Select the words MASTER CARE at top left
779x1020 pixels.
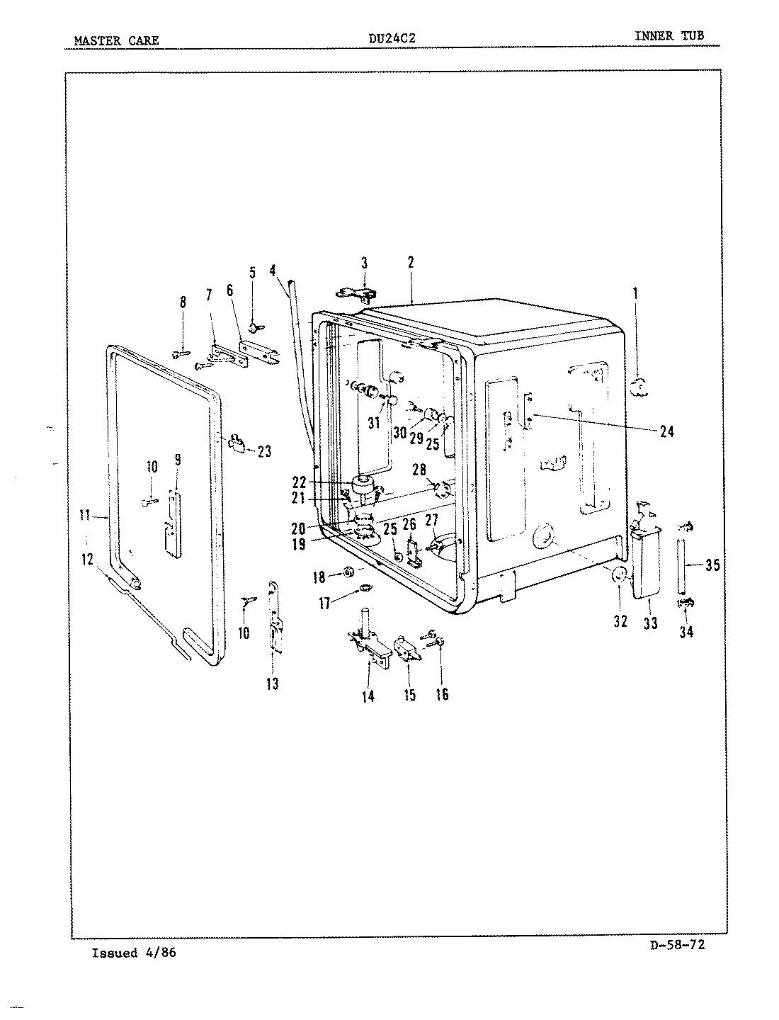[x=116, y=40]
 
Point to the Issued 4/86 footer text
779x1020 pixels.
[x=134, y=953]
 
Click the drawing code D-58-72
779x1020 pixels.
[x=677, y=944]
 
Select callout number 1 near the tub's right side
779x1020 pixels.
[x=635, y=292]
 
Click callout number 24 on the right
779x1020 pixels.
[x=666, y=431]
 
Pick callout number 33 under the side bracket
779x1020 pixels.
[x=650, y=623]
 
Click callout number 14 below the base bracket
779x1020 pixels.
[x=368, y=696]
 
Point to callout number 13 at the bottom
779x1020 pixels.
[x=273, y=684]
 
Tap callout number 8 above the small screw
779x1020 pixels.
[x=183, y=302]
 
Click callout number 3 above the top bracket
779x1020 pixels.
[x=364, y=263]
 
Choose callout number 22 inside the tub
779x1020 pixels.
[x=299, y=482]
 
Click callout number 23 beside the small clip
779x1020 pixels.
[x=264, y=451]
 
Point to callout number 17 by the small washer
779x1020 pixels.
[x=324, y=603]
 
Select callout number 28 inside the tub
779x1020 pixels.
[x=419, y=470]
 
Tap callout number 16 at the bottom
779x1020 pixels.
[x=442, y=694]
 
